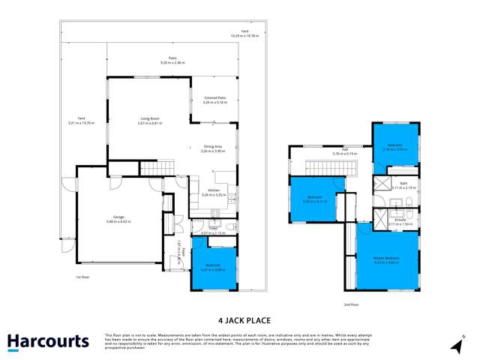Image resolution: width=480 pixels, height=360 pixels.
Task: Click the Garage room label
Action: (120, 220)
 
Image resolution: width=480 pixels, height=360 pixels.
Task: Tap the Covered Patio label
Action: (215, 100)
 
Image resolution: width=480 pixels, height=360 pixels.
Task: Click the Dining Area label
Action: (213, 148)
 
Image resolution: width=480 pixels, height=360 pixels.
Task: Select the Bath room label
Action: (403, 185)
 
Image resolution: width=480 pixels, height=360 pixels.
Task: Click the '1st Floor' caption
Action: (82, 278)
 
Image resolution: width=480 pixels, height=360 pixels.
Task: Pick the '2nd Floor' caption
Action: (351, 304)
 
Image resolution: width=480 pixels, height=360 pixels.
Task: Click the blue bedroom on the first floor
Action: (214, 265)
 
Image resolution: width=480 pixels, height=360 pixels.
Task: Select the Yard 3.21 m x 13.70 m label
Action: (79, 122)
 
